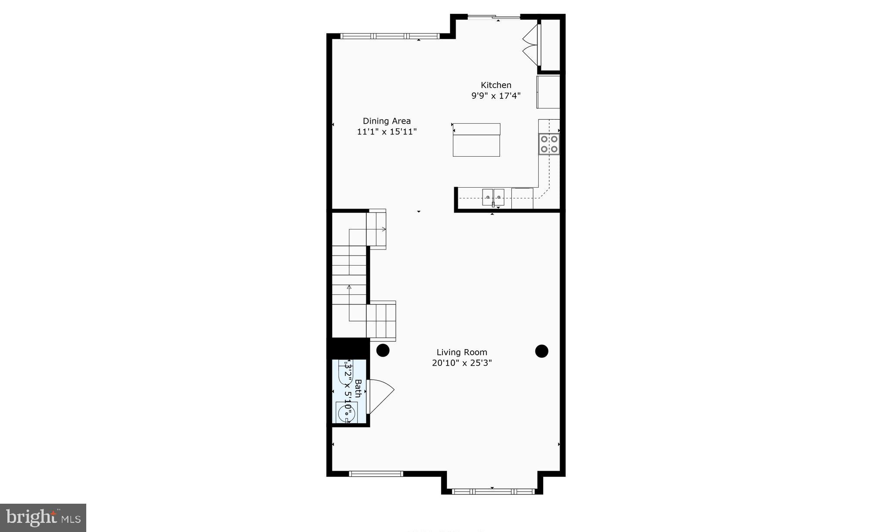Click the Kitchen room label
click(x=496, y=85)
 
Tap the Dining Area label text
click(x=387, y=121)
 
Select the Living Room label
click(x=462, y=352)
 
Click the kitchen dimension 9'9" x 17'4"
click(x=496, y=96)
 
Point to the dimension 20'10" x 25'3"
click(x=462, y=363)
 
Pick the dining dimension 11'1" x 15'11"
click(x=387, y=131)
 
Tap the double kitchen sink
click(x=493, y=197)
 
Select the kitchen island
click(x=476, y=140)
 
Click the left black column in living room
click(x=383, y=350)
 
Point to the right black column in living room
click(x=541, y=351)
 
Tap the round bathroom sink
click(x=346, y=411)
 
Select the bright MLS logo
click(x=43, y=518)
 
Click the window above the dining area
click(x=390, y=36)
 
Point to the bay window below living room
click(x=493, y=491)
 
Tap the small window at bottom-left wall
click(x=376, y=474)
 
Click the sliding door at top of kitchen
click(x=493, y=17)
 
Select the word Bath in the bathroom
click(x=358, y=388)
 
